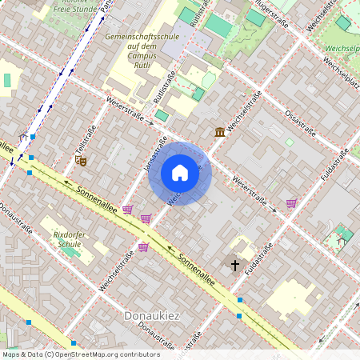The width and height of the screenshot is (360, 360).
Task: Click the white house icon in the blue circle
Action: (x=180, y=173)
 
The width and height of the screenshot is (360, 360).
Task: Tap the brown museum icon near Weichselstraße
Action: (x=219, y=131)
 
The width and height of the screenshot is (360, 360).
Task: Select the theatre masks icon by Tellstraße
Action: (x=80, y=160)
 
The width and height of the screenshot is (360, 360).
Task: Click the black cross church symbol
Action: (x=235, y=264)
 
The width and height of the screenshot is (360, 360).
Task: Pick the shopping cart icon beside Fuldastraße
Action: (x=291, y=203)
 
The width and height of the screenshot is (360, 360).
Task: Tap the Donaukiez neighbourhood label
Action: (x=152, y=316)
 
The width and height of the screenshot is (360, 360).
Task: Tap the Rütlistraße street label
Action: (x=170, y=86)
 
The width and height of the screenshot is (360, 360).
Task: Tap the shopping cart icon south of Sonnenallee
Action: (x=143, y=247)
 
